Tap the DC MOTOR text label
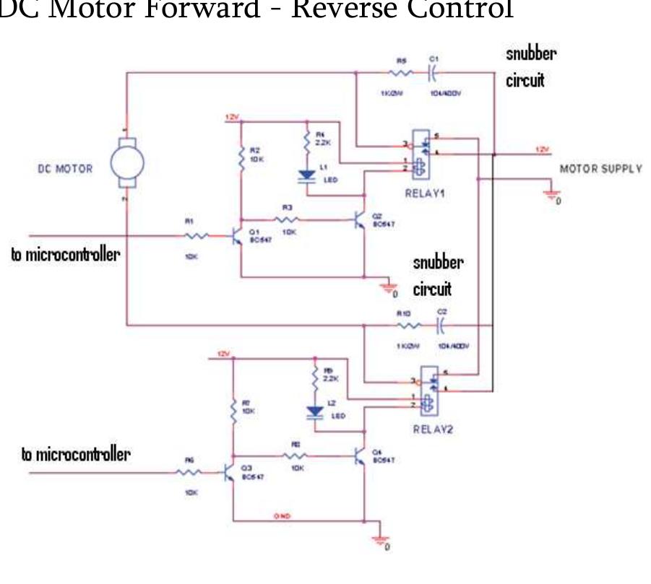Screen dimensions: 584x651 (x=65, y=169)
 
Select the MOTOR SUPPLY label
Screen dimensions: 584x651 (x=600, y=169)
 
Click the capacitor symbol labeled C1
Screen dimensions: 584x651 (x=431, y=73)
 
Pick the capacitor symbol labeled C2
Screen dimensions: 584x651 (x=440, y=326)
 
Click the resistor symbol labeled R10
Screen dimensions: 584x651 (x=405, y=326)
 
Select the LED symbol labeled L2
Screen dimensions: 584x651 (x=315, y=412)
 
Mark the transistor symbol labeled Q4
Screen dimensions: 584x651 (x=361, y=455)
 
